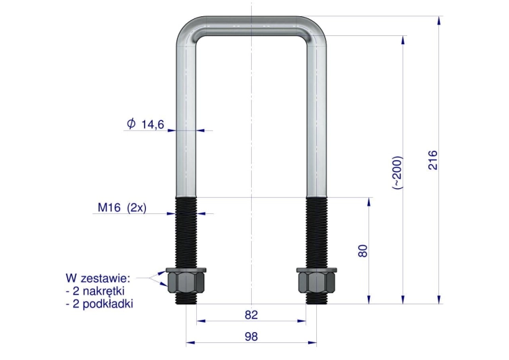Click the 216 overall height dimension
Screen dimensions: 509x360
point(433,160)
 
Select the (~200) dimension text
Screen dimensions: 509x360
point(398,173)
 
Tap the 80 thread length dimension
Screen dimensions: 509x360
point(363,251)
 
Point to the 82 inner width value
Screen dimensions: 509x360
point(251,315)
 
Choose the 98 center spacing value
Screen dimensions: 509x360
point(251,337)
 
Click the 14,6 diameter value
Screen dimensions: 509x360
point(153,124)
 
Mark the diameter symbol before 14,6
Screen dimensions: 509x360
point(131,124)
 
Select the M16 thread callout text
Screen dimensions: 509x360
point(109,207)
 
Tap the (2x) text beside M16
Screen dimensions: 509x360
point(136,207)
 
